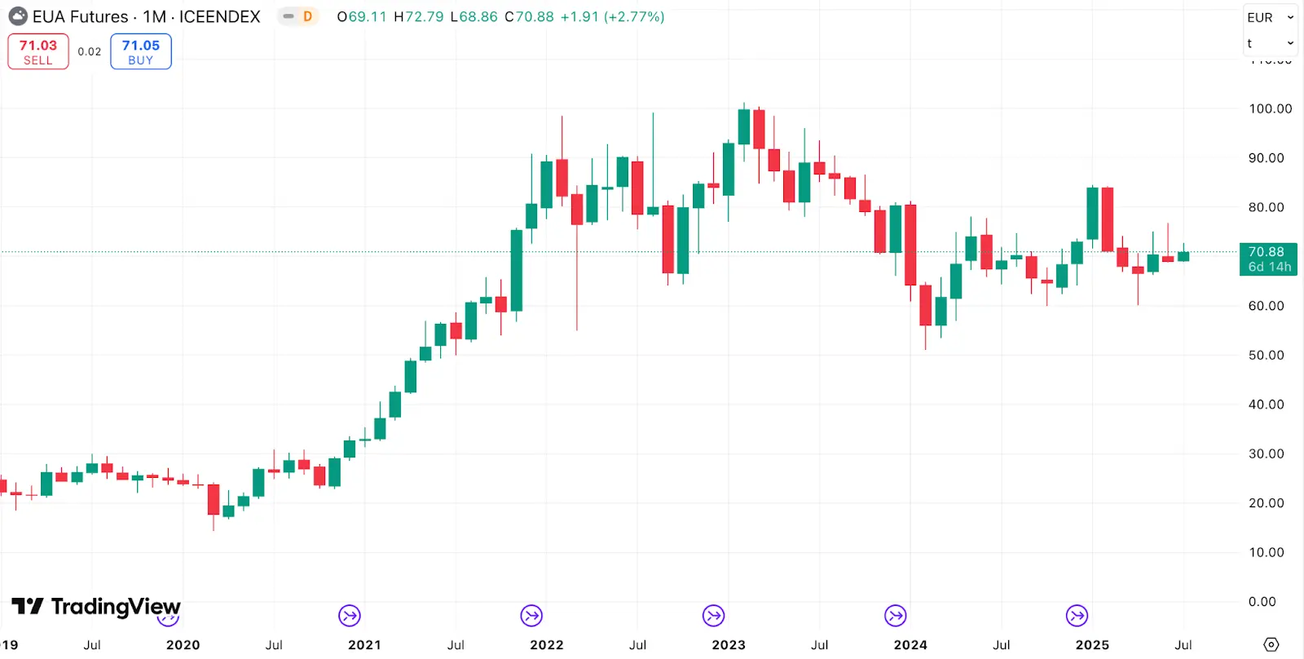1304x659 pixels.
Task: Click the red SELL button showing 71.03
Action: [38, 51]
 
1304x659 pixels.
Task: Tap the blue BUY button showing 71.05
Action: [140, 51]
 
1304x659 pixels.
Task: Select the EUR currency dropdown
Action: [1269, 17]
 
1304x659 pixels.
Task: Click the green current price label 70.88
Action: [1267, 259]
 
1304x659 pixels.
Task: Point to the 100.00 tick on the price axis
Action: [1270, 108]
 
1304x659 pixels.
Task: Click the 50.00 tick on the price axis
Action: [1266, 355]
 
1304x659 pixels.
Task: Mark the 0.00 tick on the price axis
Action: [1262, 601]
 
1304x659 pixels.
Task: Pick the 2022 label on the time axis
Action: [546, 644]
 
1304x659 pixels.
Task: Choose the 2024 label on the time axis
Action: [910, 644]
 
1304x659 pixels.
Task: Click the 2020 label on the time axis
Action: [183, 644]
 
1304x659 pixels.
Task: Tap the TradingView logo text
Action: [115, 606]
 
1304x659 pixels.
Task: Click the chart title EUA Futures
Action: [81, 16]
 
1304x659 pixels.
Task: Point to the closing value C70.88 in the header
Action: [529, 16]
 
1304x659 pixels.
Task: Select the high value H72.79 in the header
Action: [418, 16]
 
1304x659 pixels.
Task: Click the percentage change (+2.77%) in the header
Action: [634, 16]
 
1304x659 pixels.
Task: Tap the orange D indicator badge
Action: [307, 16]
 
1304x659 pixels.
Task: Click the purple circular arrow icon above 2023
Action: [713, 616]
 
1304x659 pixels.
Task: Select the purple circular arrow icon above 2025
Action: [1077, 616]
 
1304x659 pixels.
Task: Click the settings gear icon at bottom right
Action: [1271, 644]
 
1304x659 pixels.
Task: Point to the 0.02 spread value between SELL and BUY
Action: [90, 51]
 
